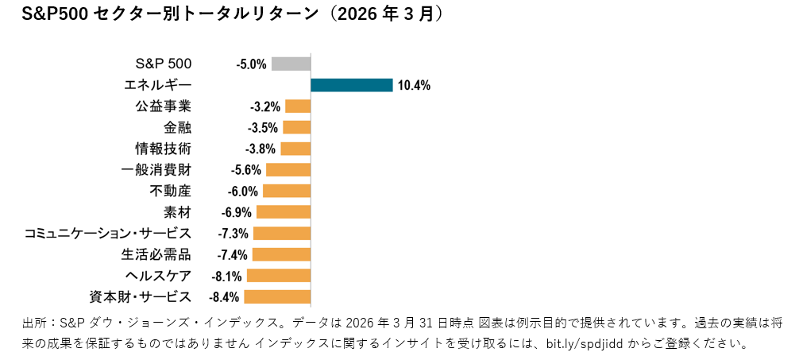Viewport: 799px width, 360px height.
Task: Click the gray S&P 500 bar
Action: [x=291, y=64]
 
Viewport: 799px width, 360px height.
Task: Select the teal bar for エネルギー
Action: [x=352, y=85]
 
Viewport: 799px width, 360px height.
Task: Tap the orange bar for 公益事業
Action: [x=298, y=106]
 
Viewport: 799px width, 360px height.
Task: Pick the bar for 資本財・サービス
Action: [x=277, y=297]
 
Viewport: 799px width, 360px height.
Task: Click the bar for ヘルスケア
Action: [x=279, y=276]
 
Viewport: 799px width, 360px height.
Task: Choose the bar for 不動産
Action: [x=287, y=191]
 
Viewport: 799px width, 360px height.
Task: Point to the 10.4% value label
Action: [x=414, y=86]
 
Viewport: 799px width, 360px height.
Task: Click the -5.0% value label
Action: [x=251, y=64]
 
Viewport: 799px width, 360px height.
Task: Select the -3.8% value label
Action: [x=261, y=149]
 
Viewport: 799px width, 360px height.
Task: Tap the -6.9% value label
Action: [x=237, y=212]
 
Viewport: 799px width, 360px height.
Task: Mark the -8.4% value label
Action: [x=224, y=297]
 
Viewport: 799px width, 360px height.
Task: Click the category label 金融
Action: [x=178, y=127]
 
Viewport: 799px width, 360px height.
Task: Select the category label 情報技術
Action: [x=164, y=149]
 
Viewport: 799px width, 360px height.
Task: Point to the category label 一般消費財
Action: [x=156, y=169]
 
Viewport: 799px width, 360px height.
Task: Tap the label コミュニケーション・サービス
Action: [x=108, y=234]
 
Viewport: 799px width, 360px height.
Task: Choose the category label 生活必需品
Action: [x=156, y=254]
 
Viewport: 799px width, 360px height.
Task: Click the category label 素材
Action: [x=178, y=212]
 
